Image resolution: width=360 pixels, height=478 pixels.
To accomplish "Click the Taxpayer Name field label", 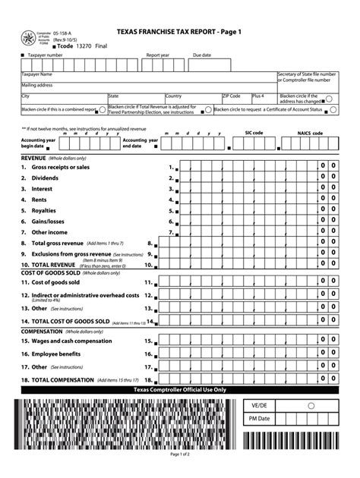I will pyautogui.click(x=36, y=74).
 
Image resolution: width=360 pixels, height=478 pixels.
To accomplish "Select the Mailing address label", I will pyautogui.click(x=36, y=86).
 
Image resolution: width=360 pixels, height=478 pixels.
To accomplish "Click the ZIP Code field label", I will pyautogui.click(x=232, y=96).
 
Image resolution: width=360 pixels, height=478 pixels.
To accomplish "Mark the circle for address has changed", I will pyautogui.click(x=329, y=99).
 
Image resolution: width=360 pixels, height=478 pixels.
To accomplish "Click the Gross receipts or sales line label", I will pyautogui.click(x=60, y=167).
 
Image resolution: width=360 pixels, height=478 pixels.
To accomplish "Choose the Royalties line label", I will pyautogui.click(x=44, y=210).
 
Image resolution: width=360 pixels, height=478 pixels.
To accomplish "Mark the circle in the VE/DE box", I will pyautogui.click(x=311, y=405).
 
